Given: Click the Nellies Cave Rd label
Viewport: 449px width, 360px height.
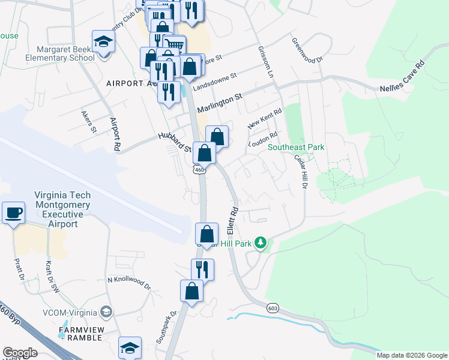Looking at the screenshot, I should click(402, 76).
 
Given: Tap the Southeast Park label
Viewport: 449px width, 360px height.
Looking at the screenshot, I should click(296, 147).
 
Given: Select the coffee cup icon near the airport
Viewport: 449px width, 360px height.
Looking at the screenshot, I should click(13, 212).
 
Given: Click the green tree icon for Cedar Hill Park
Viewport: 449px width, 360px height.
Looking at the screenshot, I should click(260, 242).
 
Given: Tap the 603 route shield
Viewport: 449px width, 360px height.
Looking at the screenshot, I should click(273, 308).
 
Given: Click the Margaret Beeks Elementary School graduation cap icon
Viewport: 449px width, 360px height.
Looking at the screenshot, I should click(103, 42).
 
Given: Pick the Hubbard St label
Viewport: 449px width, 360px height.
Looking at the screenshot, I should click(174, 142).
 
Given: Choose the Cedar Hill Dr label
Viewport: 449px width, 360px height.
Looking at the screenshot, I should click(301, 174).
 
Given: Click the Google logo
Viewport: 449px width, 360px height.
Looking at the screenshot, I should click(20, 353).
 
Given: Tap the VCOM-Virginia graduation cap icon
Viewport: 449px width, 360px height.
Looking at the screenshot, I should click(106, 311).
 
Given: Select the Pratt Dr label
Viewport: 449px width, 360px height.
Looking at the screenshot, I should click(18, 271).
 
